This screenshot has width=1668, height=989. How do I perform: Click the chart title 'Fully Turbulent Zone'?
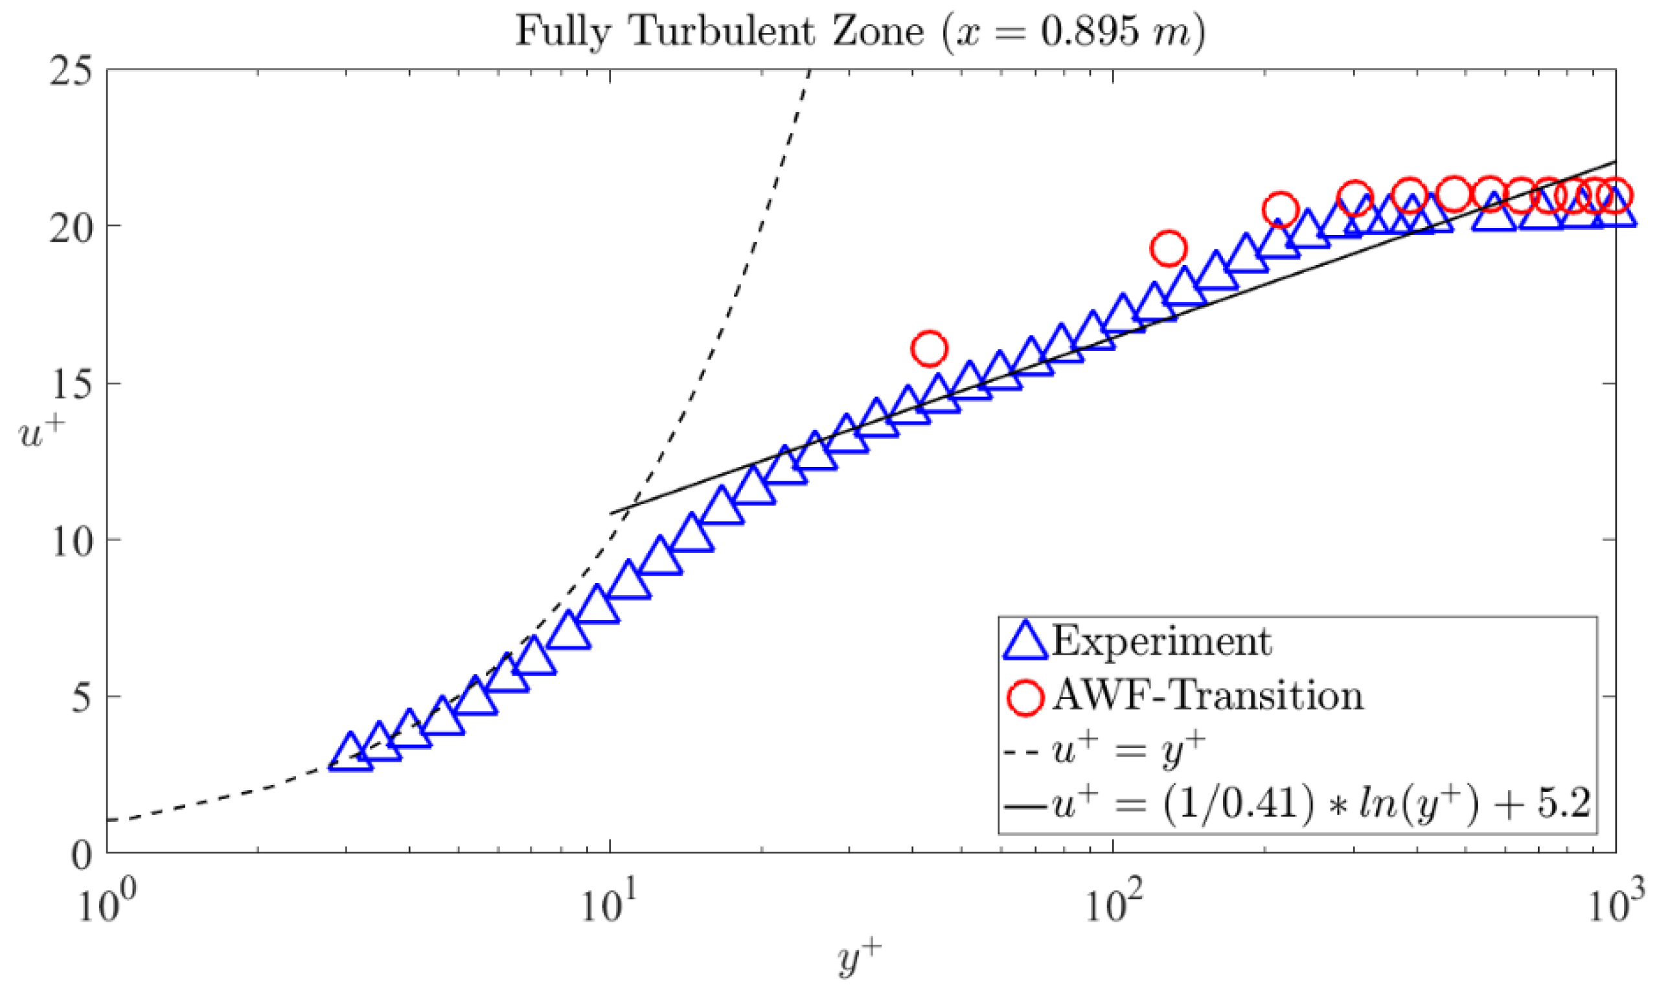(720, 31)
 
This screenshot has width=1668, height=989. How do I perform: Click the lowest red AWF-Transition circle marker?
(929, 348)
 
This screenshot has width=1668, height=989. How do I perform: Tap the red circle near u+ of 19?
(1168, 249)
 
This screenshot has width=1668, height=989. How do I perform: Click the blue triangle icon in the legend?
(1025, 642)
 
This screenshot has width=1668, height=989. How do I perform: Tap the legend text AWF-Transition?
(1207, 696)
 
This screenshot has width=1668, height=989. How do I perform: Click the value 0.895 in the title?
(1089, 31)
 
